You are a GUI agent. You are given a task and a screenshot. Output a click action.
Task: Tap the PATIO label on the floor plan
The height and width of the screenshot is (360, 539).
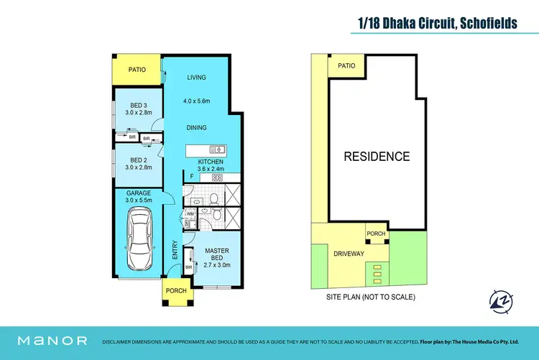tap(137, 70)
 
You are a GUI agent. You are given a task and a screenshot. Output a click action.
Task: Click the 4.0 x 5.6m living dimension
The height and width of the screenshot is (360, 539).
tap(196, 101)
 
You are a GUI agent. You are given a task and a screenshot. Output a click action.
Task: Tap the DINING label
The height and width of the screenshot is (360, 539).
tap(196, 128)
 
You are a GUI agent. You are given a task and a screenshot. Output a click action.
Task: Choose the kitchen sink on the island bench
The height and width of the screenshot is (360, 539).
tap(218, 150)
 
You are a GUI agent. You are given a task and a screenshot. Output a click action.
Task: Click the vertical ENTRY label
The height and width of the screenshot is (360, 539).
tap(175, 251)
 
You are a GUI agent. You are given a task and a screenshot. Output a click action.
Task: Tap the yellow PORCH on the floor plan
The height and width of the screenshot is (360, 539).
tap(175, 290)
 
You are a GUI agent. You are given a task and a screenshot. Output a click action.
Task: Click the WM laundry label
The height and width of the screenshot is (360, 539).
tap(190, 214)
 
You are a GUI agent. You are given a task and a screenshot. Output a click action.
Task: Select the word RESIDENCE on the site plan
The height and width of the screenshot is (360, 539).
tap(376, 157)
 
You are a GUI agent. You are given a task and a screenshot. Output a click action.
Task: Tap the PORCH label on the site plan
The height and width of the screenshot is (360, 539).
tap(376, 234)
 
